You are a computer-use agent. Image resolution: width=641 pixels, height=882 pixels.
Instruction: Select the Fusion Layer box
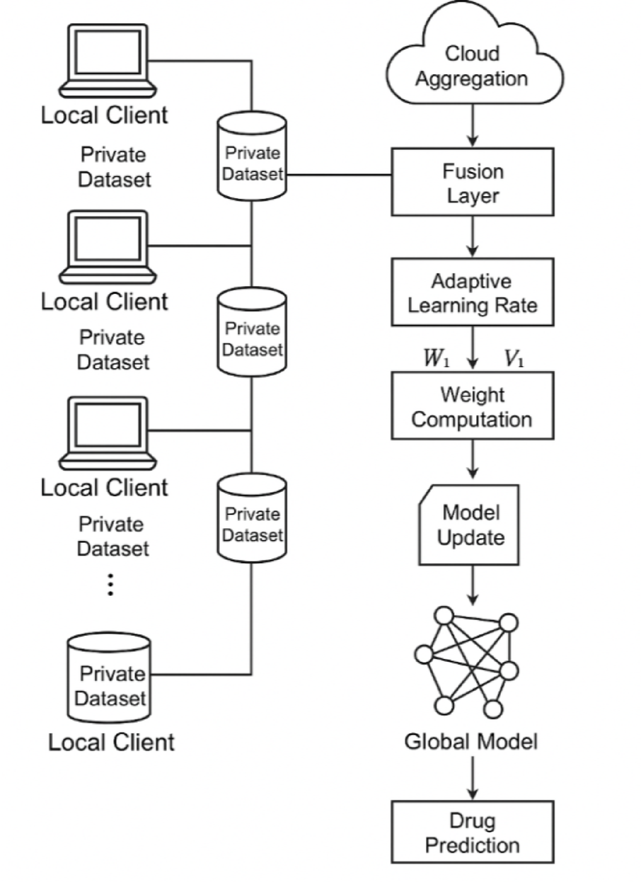[x=473, y=182]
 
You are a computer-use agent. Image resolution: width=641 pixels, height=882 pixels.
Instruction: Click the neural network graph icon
[x=468, y=662]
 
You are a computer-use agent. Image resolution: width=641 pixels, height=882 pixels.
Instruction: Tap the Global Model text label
[x=471, y=742]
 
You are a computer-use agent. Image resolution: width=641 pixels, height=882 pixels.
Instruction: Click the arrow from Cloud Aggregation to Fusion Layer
[x=472, y=127]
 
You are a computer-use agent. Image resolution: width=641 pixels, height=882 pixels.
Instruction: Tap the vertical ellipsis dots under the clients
[x=110, y=585]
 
